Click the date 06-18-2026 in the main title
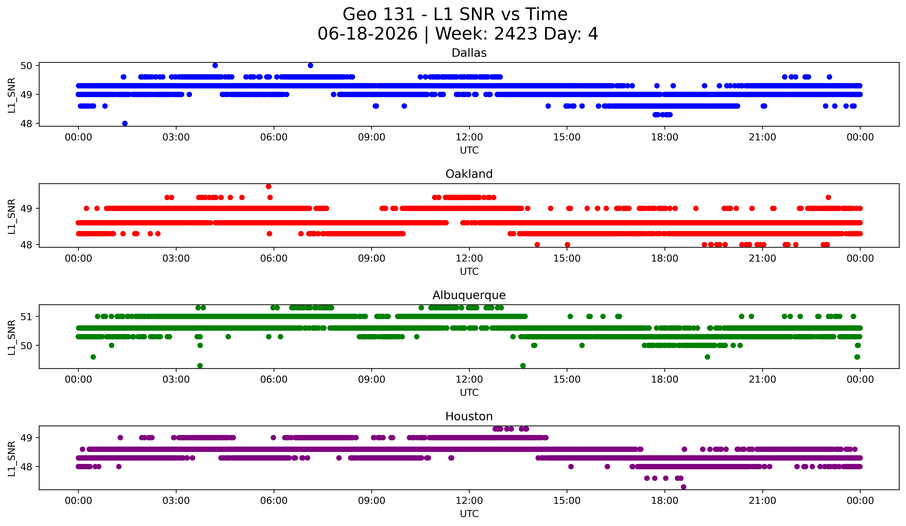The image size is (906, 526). (367, 34)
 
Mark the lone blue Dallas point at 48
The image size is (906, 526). (125, 123)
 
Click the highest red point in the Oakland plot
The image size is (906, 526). (269, 186)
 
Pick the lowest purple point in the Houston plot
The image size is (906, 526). (684, 487)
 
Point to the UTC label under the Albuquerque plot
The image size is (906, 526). (469, 393)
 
